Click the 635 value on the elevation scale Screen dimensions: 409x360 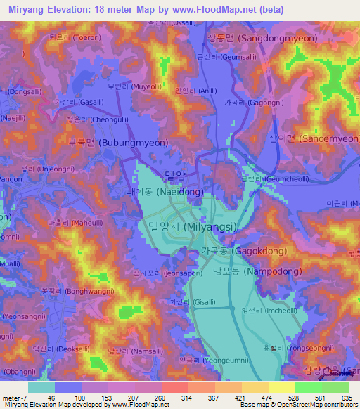pos(345,397)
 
